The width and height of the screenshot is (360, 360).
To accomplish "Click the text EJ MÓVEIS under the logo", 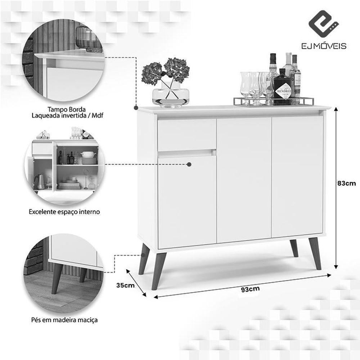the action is [324, 46].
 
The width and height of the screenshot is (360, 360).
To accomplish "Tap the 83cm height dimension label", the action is [346, 183].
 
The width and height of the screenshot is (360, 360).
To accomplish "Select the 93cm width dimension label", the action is [251, 289].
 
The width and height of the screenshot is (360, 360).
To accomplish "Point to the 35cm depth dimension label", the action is [125, 285].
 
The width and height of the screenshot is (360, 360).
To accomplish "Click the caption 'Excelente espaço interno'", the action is [64, 212].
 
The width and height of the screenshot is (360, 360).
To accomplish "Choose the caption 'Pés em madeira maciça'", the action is [64, 320].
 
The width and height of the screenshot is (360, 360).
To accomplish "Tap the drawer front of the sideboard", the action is [187, 135].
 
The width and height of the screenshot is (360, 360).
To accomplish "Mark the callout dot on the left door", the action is [189, 165].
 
